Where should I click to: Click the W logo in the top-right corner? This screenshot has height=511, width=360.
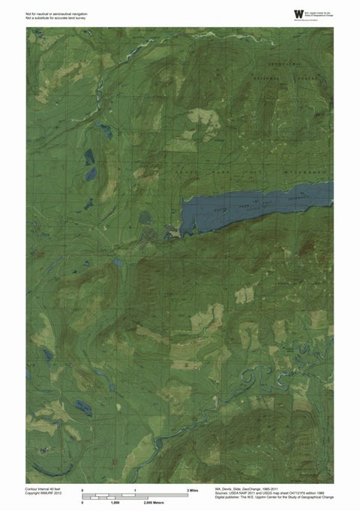(298, 14)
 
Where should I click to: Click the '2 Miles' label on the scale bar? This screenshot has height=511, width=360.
(192, 489)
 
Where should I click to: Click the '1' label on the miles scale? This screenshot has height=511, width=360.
(135, 489)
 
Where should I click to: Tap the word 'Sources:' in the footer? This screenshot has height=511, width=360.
(222, 494)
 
